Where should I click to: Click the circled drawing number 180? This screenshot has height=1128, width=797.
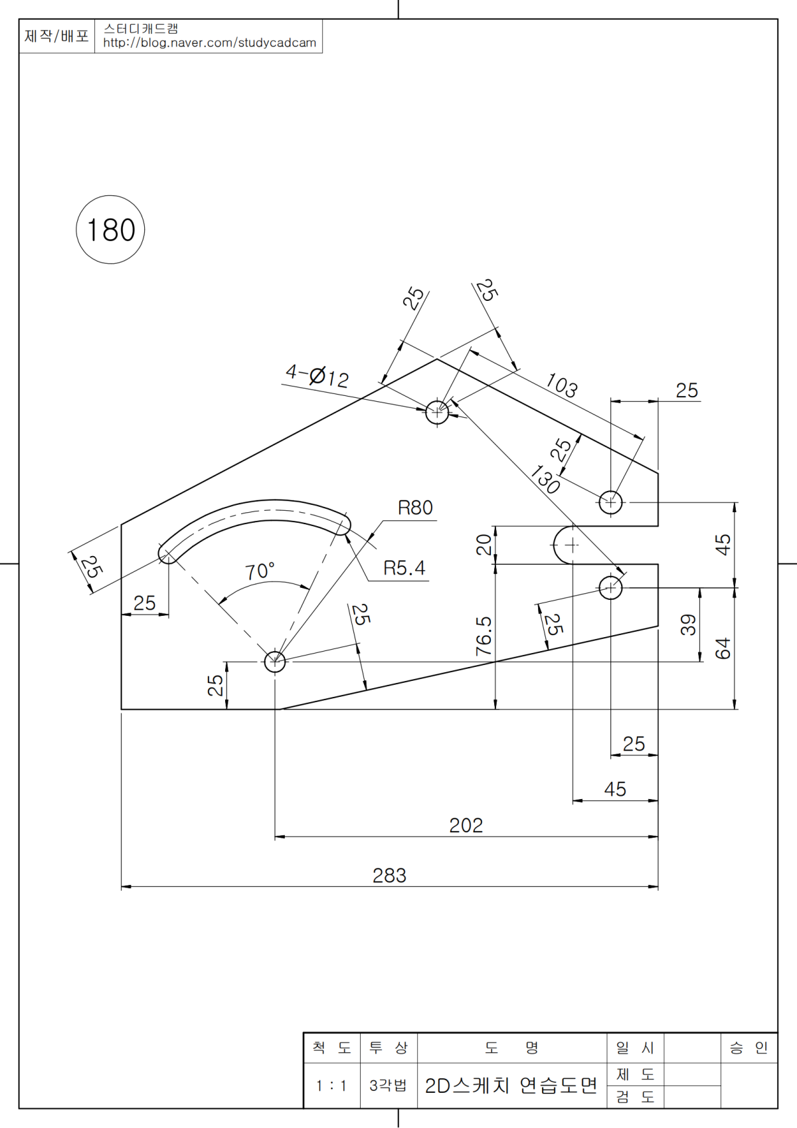110,230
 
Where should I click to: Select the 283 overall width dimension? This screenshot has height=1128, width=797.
389,876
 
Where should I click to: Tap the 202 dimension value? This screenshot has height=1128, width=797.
466,825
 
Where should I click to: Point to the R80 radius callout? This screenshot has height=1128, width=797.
415,508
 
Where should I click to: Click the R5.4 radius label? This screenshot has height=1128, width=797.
404,569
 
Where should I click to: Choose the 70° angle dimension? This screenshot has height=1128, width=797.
259,571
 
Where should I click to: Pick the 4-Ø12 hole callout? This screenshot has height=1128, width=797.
317,376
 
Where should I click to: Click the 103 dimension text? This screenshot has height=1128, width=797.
561,385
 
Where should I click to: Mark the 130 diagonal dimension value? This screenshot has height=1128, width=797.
545,479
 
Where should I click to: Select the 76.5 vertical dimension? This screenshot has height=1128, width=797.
484,636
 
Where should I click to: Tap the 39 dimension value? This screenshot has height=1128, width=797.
688,625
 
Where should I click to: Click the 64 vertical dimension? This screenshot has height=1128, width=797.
723,648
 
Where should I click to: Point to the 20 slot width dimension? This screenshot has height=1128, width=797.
484,545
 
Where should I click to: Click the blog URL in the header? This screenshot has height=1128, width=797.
209,43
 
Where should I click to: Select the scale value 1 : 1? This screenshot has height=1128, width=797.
331,1085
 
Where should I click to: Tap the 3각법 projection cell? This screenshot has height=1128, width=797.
388,1085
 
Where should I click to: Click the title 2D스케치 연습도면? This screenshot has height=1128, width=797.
511,1085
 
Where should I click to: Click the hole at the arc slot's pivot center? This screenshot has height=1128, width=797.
275,662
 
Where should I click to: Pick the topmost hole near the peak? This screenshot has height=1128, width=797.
437,412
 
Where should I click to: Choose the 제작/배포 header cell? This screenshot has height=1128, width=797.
56,36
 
